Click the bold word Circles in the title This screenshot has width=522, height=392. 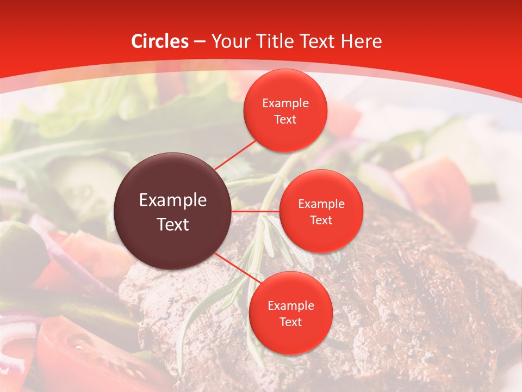click(160, 41)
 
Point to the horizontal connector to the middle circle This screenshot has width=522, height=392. click(255, 211)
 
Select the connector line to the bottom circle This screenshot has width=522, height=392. click(235, 268)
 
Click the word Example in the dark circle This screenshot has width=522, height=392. click(173, 200)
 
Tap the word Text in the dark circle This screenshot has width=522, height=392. click(173, 224)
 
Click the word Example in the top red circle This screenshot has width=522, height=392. click(285, 103)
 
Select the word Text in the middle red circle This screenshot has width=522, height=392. click(321, 220)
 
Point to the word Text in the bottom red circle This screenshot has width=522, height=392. click(290, 322)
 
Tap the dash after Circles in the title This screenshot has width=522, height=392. click(199, 42)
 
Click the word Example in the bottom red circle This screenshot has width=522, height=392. click(290, 306)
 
